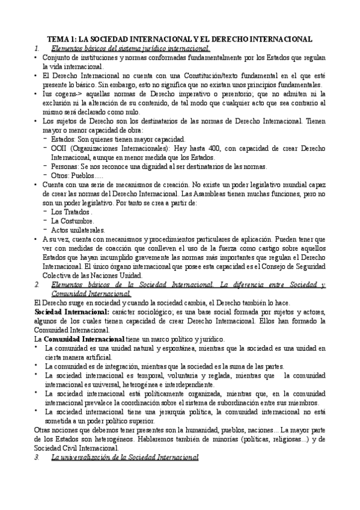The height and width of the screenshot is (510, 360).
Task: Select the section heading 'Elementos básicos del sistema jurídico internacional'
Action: tap(130, 48)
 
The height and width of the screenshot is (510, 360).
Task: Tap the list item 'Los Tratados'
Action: tap(72, 212)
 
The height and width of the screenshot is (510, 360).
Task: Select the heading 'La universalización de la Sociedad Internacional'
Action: tap(125, 475)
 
